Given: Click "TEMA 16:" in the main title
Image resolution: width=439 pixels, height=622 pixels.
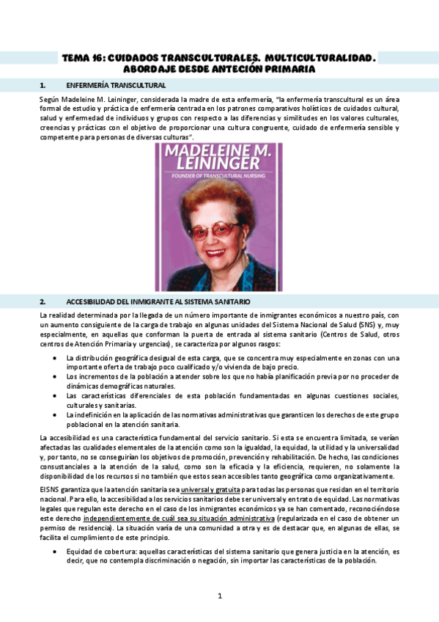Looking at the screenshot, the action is pyautogui.click(x=82, y=57).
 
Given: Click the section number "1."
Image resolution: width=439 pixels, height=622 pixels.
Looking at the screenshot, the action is pyautogui.click(x=43, y=85).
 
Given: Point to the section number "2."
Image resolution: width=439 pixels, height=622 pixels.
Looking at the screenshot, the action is pyautogui.click(x=43, y=301).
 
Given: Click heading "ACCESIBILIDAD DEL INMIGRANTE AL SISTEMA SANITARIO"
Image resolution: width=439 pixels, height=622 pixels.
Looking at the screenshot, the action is pyautogui.click(x=158, y=301).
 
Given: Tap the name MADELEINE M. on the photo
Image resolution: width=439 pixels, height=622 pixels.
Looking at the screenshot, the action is pyautogui.click(x=218, y=153).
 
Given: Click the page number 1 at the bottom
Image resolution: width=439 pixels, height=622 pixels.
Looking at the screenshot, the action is pyautogui.click(x=219, y=596).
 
